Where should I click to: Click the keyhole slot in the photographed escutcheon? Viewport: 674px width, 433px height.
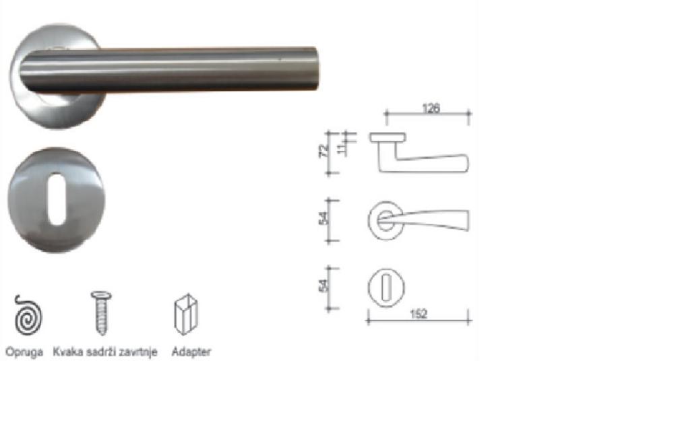(x=57, y=199)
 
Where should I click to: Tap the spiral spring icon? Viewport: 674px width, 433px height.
(x=28, y=316)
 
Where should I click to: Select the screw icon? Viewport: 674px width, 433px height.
(x=102, y=312)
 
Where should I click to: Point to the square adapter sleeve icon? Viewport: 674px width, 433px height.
(x=186, y=314)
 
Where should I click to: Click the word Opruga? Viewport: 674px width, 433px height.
(x=24, y=352)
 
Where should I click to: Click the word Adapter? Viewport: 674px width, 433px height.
(x=191, y=352)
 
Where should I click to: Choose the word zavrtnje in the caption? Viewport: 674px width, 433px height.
(x=138, y=352)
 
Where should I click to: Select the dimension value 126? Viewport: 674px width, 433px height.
(x=431, y=108)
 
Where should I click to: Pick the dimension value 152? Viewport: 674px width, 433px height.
(x=419, y=314)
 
